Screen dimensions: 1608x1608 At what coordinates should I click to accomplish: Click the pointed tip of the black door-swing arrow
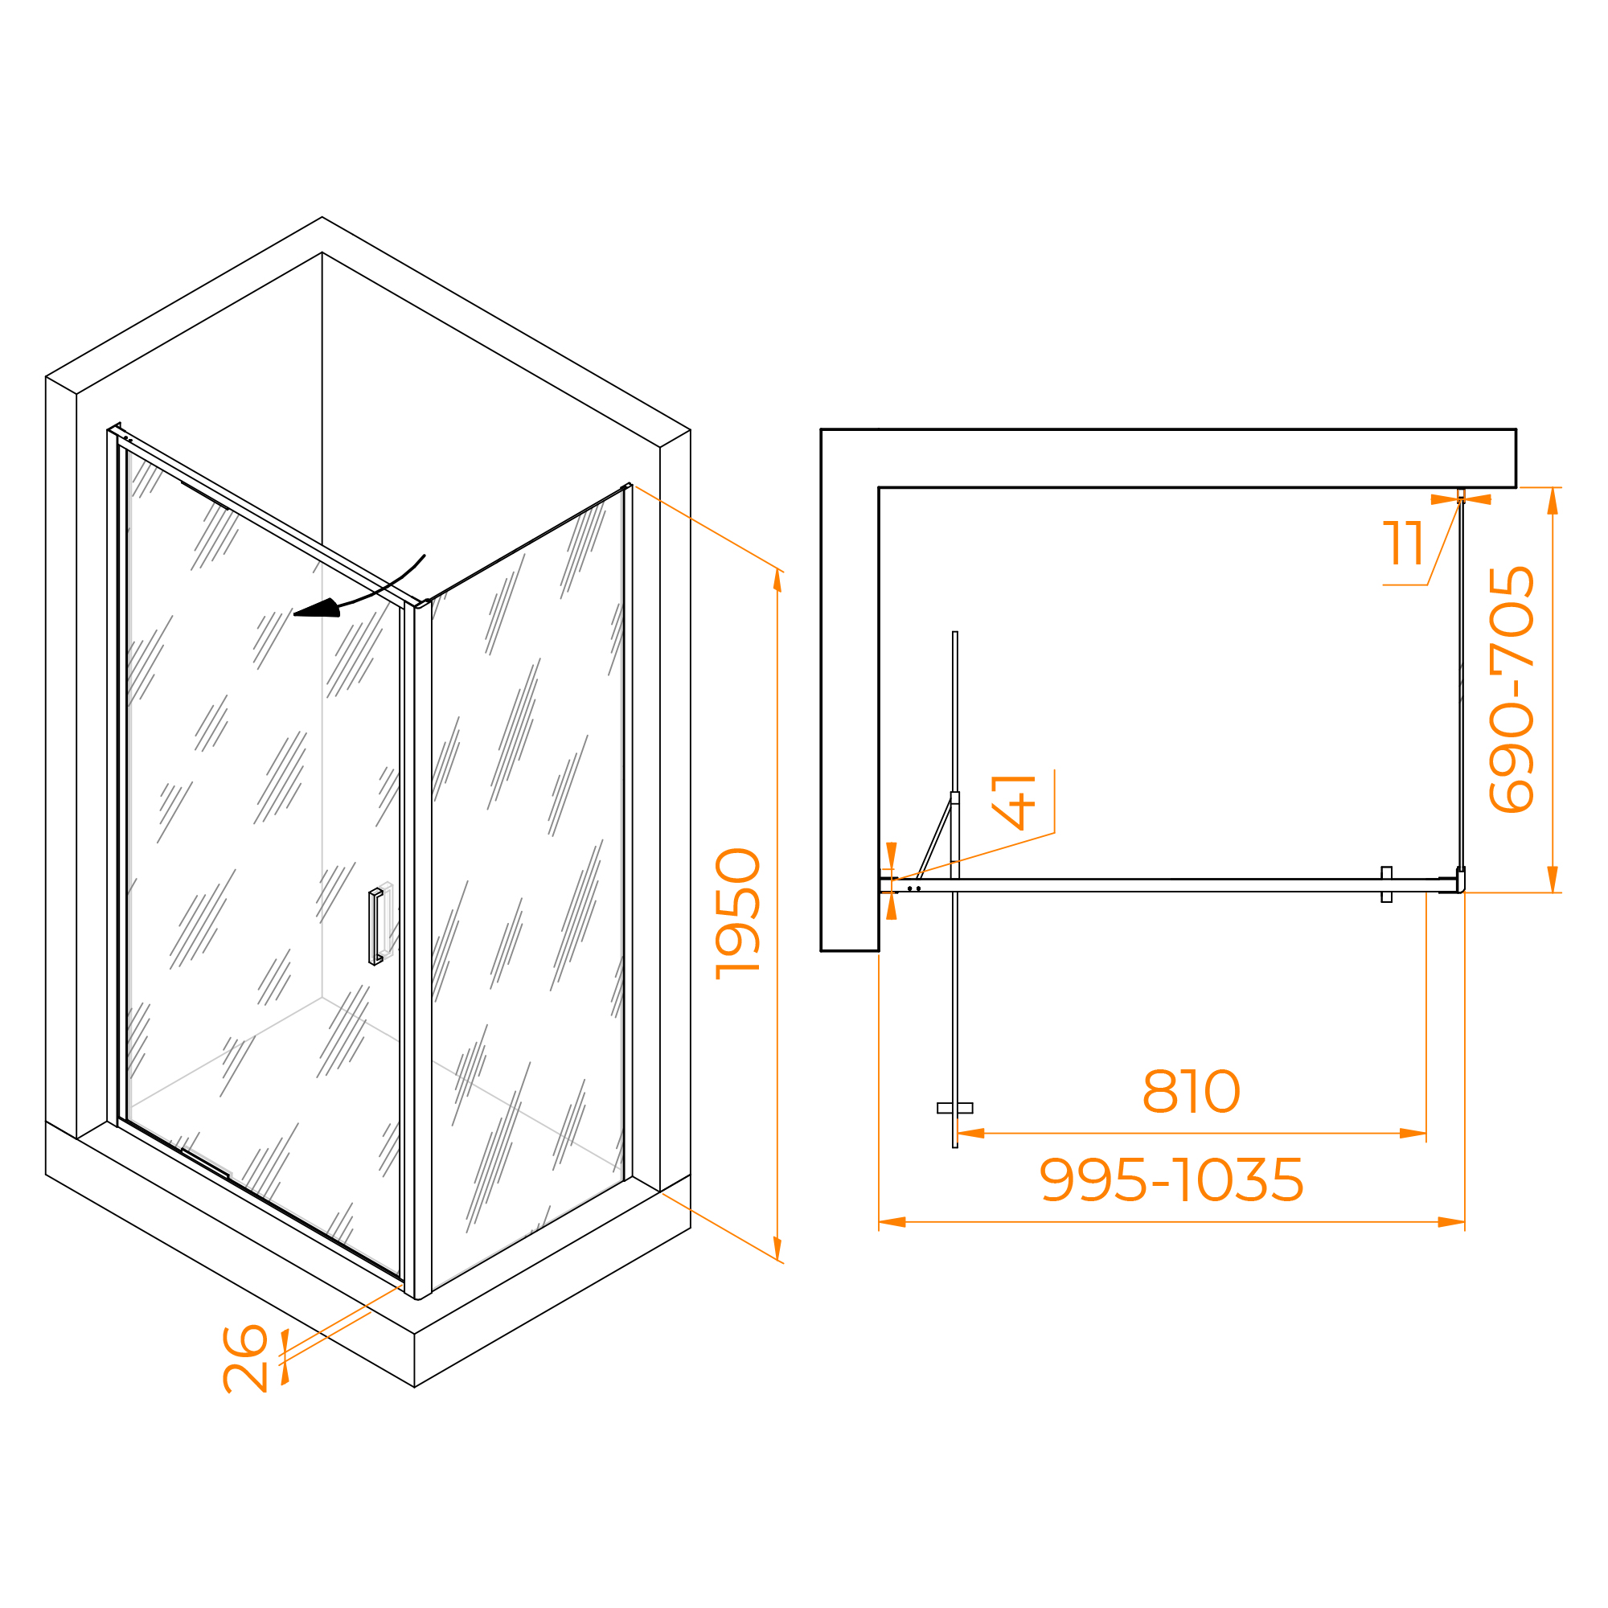[293, 614]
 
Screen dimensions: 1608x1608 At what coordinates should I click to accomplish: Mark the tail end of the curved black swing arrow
[425, 555]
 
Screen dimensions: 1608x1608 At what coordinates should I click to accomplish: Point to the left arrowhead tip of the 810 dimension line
[958, 1133]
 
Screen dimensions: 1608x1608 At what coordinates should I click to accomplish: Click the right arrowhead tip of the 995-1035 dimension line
[1465, 1222]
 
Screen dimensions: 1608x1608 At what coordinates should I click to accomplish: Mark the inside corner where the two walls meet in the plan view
[879, 487]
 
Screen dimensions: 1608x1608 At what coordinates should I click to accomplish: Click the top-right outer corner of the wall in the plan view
[1516, 429]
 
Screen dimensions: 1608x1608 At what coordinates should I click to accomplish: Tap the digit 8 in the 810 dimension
[1160, 1091]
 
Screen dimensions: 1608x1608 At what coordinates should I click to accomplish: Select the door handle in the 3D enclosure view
[375, 927]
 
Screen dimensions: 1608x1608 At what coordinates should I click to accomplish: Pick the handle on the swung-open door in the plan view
[954, 1108]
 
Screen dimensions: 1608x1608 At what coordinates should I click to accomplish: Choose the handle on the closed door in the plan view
[1387, 884]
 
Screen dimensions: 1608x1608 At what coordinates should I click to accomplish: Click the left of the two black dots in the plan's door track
[909, 888]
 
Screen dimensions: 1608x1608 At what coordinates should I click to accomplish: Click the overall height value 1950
[738, 913]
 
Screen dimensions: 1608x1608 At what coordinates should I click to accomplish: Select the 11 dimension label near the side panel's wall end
[1403, 544]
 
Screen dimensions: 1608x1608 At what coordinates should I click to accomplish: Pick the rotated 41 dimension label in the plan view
[1014, 802]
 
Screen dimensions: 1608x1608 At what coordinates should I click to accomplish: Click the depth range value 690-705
[1512, 689]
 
